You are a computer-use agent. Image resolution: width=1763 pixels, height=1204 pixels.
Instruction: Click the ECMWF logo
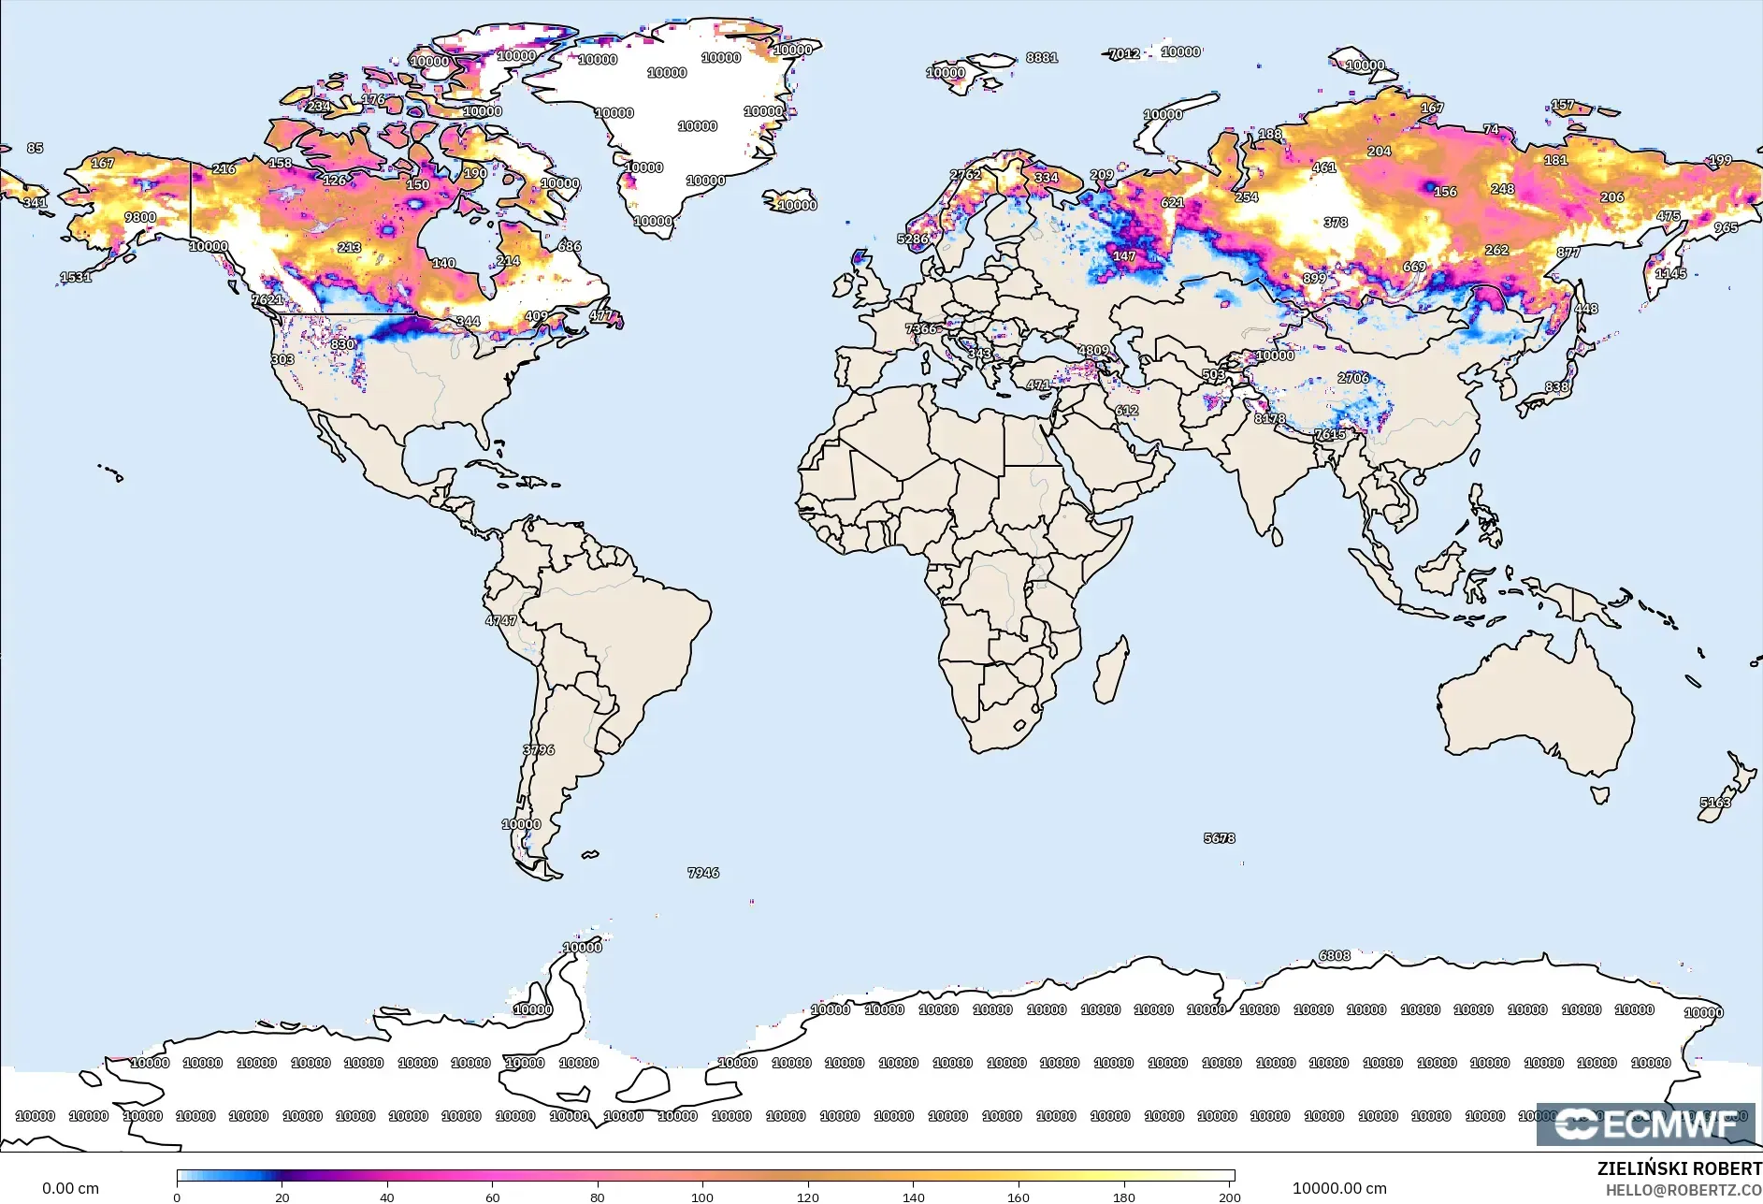pos(1646,1124)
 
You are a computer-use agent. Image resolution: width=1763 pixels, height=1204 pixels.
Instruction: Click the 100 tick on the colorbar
pos(702,1197)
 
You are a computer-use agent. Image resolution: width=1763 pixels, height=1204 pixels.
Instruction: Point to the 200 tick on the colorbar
pos(1229,1197)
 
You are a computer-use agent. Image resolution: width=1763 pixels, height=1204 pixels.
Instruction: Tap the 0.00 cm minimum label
pos(70,1188)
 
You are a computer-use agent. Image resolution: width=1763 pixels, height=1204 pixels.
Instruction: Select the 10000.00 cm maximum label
pos(1339,1188)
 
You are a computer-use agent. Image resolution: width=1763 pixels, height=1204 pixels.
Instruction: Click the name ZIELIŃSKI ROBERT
pos(1679,1168)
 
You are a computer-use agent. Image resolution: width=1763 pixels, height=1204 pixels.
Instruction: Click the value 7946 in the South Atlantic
pos(703,872)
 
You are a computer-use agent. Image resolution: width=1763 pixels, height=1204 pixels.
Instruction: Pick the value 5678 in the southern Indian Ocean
pos(1219,837)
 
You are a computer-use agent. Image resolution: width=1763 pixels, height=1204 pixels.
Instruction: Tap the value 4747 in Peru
pos(500,619)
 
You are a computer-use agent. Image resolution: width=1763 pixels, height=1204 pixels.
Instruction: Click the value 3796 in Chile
pos(539,749)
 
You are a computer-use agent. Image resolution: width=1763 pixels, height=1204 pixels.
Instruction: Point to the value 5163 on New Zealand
pos(1715,802)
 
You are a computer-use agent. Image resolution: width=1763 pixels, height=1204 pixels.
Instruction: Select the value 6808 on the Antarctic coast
pos(1335,955)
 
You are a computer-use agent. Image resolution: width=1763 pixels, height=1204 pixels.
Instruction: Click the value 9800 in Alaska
pos(140,217)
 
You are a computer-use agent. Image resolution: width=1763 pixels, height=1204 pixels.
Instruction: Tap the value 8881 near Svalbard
pos(1042,57)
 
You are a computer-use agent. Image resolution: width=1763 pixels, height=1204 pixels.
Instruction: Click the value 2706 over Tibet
pos(1353,377)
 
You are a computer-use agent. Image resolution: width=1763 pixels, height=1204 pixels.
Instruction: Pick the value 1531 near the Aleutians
pos(76,276)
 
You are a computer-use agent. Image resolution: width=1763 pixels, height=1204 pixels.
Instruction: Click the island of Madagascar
pos(1111,669)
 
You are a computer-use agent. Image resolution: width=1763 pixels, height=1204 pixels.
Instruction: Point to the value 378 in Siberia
pos(1336,222)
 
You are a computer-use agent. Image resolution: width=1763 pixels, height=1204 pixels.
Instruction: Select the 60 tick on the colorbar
pos(492,1197)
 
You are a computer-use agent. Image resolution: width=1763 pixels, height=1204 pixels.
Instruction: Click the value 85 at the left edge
pos(35,148)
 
